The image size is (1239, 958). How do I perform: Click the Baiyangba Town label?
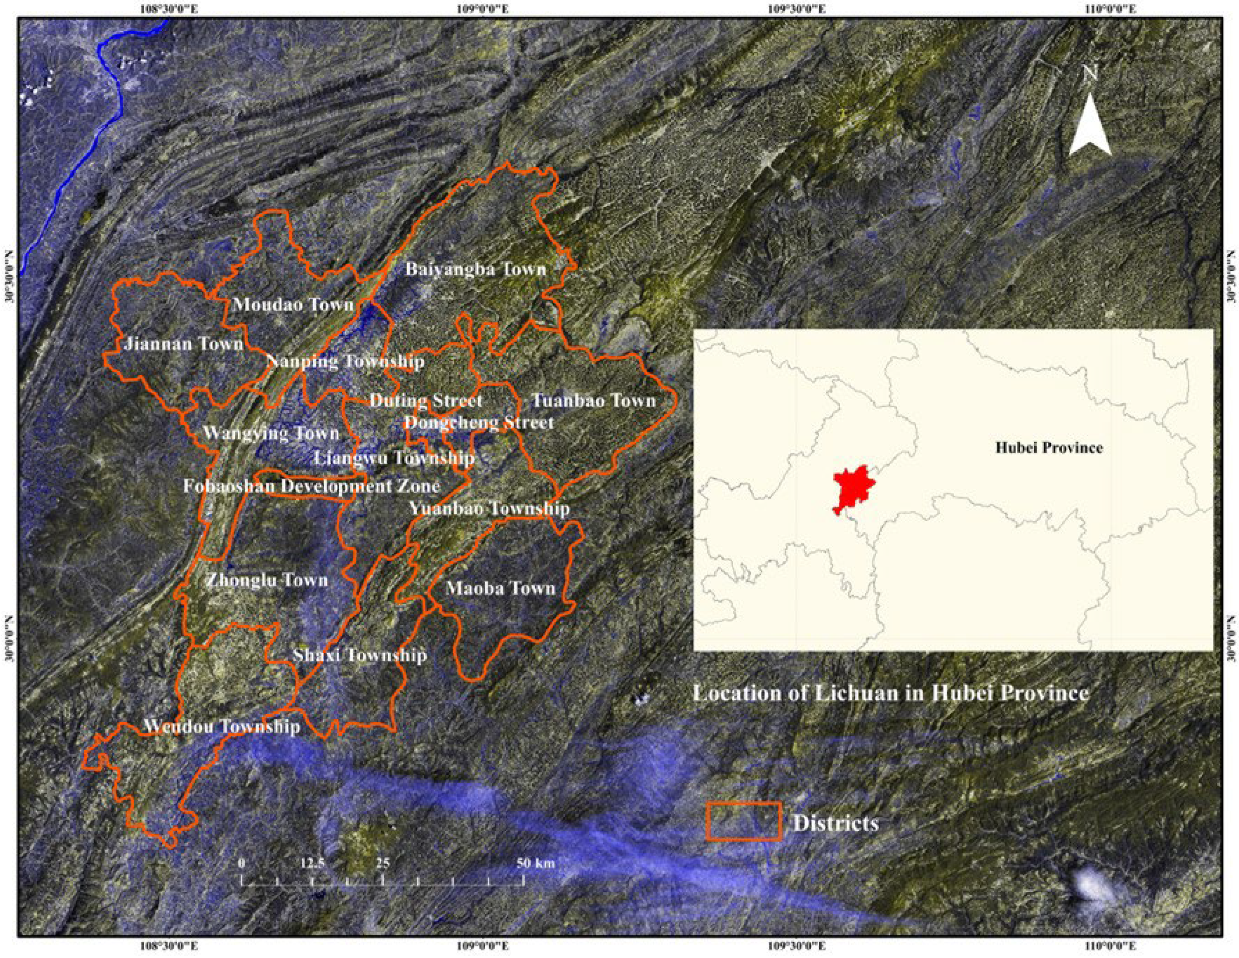pyautogui.click(x=475, y=269)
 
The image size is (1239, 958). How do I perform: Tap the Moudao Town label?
pyautogui.click(x=293, y=305)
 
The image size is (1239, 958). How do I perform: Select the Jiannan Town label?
pyautogui.click(x=183, y=343)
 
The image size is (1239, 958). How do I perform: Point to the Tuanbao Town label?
pyautogui.click(x=593, y=401)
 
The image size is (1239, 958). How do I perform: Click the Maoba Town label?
pyautogui.click(x=500, y=588)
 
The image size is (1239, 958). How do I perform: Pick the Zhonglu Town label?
pyautogui.click(x=267, y=580)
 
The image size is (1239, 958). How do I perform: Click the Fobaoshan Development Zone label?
pyautogui.click(x=311, y=486)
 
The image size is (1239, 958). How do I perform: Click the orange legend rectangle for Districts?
pyautogui.click(x=744, y=822)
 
